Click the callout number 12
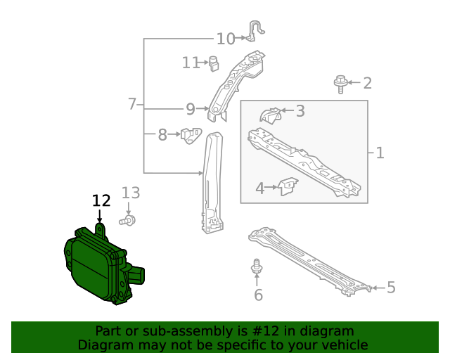click(x=101, y=200)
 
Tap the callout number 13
click(x=131, y=193)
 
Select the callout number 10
click(x=226, y=39)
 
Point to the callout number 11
click(x=191, y=63)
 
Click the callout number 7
click(x=132, y=104)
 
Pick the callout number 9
click(x=190, y=109)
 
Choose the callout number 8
click(x=162, y=134)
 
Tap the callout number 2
click(x=367, y=83)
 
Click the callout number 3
click(x=300, y=111)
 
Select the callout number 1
click(x=380, y=153)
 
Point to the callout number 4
click(x=259, y=188)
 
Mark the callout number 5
click(x=391, y=287)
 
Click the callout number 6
click(x=258, y=295)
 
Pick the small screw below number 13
click(x=128, y=221)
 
